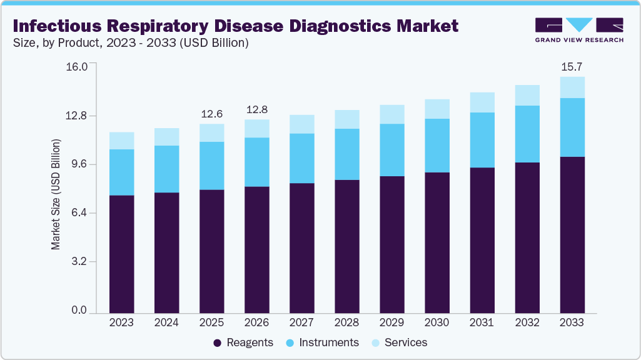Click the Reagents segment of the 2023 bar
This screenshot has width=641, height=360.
121,254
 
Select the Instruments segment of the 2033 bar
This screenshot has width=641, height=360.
572,127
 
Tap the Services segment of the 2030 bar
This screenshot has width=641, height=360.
437,109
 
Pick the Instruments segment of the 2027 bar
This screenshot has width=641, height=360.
301,158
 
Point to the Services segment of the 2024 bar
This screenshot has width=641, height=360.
166,137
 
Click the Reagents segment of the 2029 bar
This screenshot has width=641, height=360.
391,244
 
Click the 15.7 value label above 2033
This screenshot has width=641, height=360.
572,66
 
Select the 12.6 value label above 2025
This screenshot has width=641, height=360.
211,114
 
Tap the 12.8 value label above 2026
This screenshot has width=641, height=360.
256,109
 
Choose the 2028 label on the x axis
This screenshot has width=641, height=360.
346,322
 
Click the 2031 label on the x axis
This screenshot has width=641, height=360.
482,322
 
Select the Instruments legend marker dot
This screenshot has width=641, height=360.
290,343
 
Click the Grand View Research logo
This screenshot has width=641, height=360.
578,29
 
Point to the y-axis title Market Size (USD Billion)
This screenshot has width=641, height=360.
56,195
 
